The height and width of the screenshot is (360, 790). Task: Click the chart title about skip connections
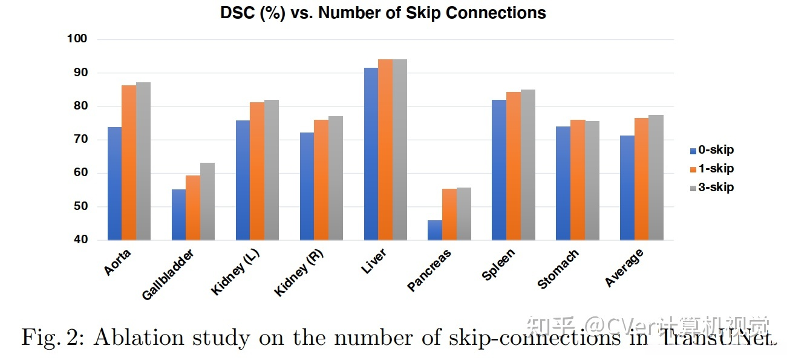click(x=383, y=13)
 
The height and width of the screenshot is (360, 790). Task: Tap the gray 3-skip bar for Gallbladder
click(x=207, y=201)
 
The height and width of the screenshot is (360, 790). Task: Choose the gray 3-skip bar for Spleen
click(x=528, y=165)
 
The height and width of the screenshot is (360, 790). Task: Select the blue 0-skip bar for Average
click(x=627, y=188)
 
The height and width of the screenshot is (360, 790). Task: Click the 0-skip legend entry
click(x=712, y=150)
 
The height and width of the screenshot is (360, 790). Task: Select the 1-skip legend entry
click(x=712, y=169)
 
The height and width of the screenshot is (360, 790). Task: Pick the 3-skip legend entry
click(x=712, y=188)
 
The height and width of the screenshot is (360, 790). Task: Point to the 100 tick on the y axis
click(x=77, y=39)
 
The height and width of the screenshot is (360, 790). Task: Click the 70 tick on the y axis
click(x=80, y=139)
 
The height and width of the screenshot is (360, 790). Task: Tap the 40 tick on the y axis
click(x=80, y=240)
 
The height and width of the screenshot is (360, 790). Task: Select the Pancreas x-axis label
click(x=429, y=270)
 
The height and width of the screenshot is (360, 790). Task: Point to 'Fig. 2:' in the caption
click(x=53, y=338)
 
